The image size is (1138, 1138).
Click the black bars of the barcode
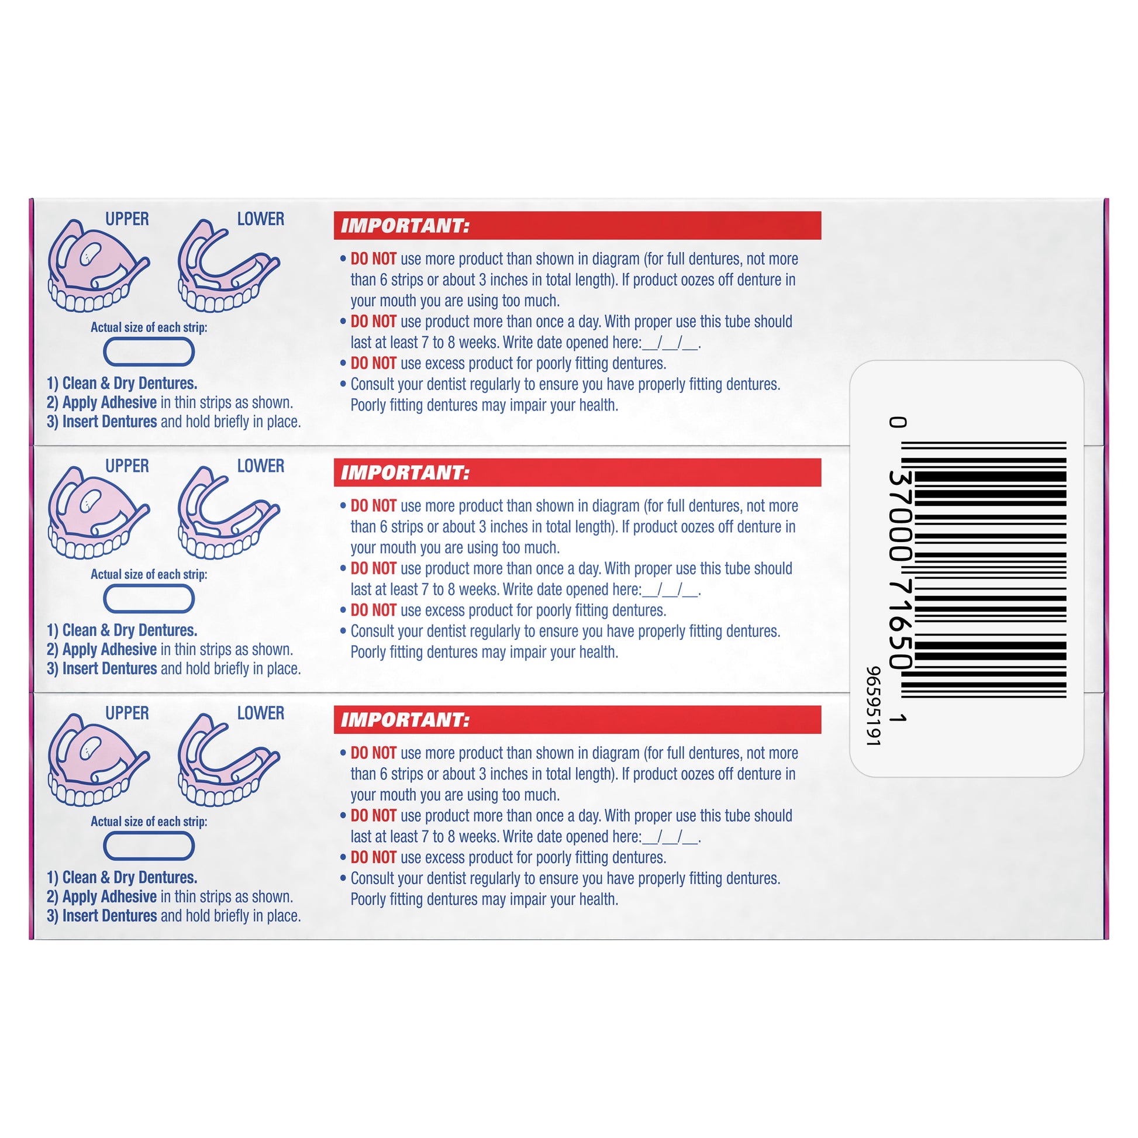[x=984, y=570]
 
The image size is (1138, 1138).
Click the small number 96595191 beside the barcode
[x=873, y=706]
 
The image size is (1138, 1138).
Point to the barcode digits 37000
[x=899, y=515]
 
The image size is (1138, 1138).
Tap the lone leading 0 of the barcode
[x=898, y=422]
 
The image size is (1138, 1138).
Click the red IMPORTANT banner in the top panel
[x=577, y=226]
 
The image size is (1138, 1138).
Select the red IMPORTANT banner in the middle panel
[x=577, y=473]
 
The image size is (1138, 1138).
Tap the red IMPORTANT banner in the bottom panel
[x=577, y=719]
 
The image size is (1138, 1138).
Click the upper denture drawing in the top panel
[x=98, y=265]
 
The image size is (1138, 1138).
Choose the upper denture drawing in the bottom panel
[x=98, y=760]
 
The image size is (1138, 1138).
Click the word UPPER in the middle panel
[x=127, y=466]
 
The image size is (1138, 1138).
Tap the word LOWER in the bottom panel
[x=260, y=713]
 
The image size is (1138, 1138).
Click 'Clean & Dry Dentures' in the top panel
[x=130, y=383]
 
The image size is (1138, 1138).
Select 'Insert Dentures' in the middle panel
[x=109, y=668]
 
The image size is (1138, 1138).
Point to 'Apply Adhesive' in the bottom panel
[x=109, y=896]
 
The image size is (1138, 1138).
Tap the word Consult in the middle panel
[x=373, y=632]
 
